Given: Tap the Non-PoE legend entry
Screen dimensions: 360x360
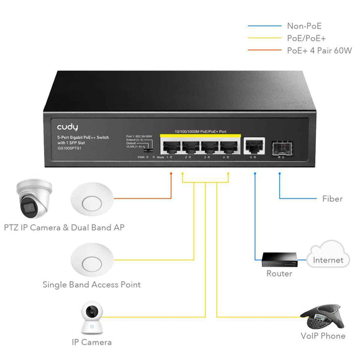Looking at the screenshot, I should (304, 26).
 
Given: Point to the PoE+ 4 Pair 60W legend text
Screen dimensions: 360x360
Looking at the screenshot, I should (319, 50).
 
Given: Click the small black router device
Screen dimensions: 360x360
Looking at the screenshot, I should (279, 258).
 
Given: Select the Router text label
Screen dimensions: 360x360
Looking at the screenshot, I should (279, 274).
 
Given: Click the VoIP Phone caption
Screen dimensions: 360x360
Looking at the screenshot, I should (322, 336).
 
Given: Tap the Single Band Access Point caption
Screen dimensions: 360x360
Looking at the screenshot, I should (91, 285).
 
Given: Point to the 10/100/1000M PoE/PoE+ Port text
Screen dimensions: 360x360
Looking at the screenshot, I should (200, 131).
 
